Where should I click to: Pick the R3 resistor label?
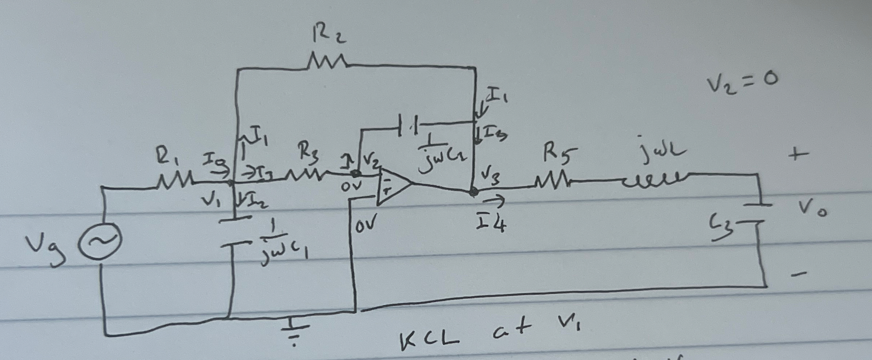click(x=308, y=152)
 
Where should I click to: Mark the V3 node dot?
click(x=473, y=192)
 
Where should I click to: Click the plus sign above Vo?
click(x=798, y=155)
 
